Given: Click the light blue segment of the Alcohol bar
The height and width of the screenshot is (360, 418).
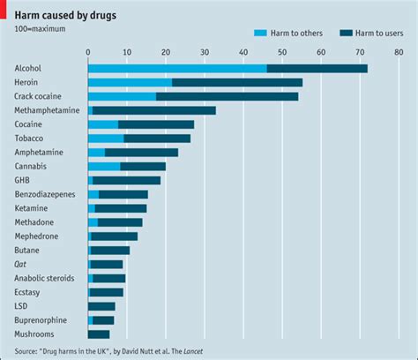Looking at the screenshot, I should tap(176, 68).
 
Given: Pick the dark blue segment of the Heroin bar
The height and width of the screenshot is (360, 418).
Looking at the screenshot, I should tap(237, 82).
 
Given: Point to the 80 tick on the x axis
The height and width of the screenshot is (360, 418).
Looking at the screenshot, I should tap(399, 52).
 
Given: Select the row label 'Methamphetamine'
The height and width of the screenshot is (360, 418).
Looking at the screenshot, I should tap(47, 110).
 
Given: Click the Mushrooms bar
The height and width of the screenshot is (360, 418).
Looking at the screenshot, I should tap(99, 334).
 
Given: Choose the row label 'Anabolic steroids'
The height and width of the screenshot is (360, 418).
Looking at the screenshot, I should tap(45, 278).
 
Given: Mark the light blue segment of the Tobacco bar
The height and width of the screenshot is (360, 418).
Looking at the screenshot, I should tap(106, 139).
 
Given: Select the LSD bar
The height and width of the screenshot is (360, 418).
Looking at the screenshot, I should tap(101, 306).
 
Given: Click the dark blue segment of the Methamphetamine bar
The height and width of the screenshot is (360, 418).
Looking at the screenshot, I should tap(153, 110).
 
